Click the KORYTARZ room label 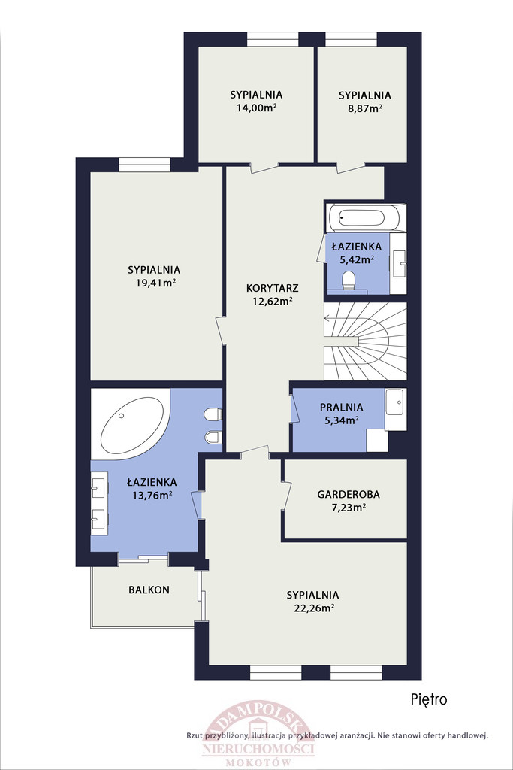272,288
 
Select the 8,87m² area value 365,108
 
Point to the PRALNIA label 341,407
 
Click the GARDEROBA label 349,495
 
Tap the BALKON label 149,590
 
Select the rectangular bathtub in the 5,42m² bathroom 367,217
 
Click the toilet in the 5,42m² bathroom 349,280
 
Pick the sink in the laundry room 395,403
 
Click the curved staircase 365,341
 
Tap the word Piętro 429,699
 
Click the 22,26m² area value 314,608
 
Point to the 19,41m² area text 156,283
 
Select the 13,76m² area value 152,495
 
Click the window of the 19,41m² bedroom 144,165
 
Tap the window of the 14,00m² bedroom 273,39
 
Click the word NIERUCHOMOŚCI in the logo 258,749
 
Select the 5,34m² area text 341,420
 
